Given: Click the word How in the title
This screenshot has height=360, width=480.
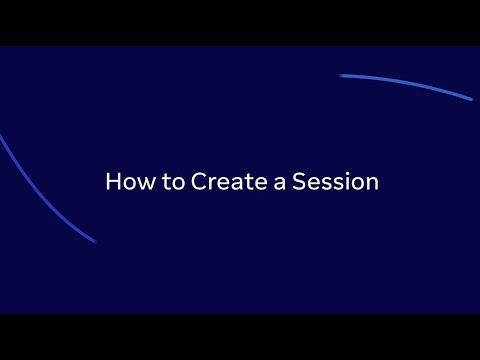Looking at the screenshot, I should click(125, 183).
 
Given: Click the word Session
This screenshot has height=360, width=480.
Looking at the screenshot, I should click(334, 183).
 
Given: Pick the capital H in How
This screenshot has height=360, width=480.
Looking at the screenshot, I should click(112, 183).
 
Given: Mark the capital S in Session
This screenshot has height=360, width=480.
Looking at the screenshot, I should click(297, 183).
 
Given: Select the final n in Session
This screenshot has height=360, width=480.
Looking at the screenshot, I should click(371, 185).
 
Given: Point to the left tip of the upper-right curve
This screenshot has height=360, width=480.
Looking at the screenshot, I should click(342, 75).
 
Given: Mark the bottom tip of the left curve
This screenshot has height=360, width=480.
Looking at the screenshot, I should click(94, 241).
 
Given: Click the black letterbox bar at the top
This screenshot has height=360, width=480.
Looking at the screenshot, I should click(240, 22).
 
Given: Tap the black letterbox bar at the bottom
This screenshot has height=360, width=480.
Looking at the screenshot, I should click(240, 337).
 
